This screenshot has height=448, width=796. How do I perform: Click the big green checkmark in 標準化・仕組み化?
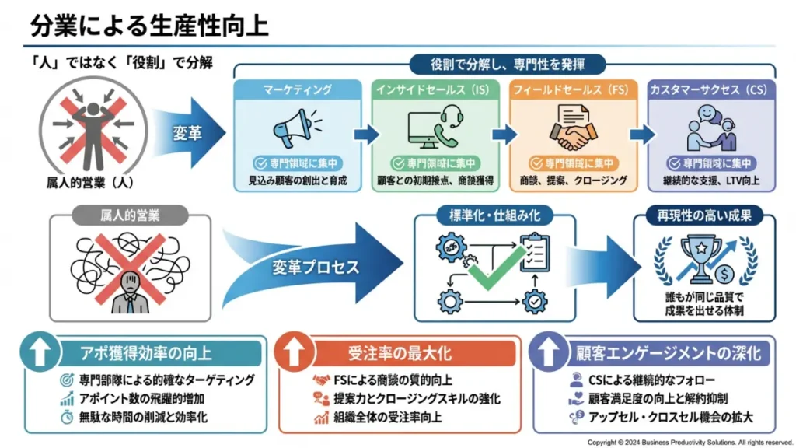pos(494,269)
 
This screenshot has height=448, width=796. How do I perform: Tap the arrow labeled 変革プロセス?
pos(311,266)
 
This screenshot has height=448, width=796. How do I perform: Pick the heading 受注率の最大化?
pos(399,353)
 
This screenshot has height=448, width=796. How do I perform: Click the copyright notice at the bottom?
pos(689,441)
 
